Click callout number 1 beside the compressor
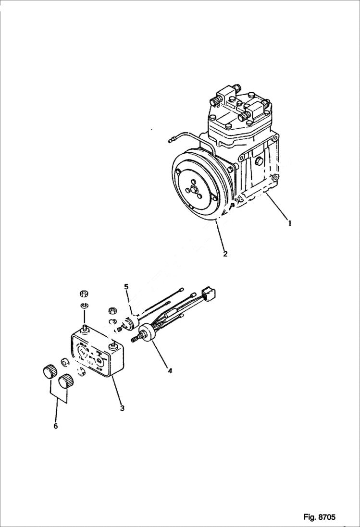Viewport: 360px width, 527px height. pyautogui.click(x=289, y=223)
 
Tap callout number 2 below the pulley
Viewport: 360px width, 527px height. pyautogui.click(x=225, y=254)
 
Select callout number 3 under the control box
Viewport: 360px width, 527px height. pyautogui.click(x=122, y=408)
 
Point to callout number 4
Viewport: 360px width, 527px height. pyautogui.click(x=170, y=370)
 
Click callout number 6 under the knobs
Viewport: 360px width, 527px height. pyautogui.click(x=55, y=426)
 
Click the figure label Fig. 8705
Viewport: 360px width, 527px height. pyautogui.click(x=319, y=517)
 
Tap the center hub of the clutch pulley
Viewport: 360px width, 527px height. pyautogui.click(x=195, y=189)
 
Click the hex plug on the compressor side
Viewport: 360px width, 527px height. pyautogui.click(x=258, y=162)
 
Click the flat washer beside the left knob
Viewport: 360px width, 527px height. pyautogui.click(x=64, y=361)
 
